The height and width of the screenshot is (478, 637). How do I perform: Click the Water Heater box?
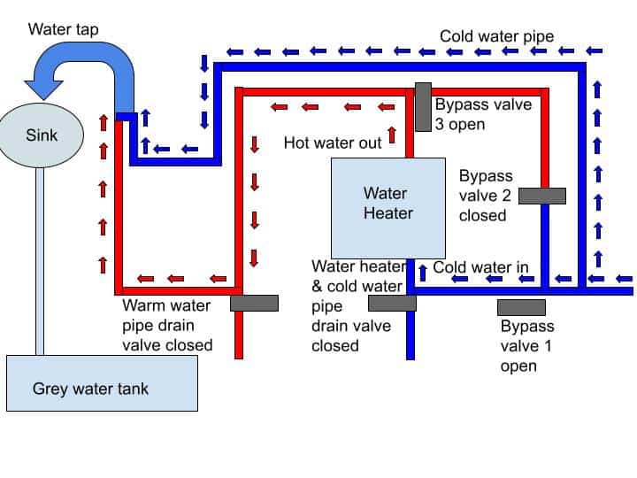pos(388,208)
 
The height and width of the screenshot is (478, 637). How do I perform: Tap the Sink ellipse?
pos(42,136)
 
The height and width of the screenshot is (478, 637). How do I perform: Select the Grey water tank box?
pos(102,382)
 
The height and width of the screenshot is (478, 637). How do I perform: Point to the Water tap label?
pos(64,29)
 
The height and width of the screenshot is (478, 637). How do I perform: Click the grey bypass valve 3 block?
pos(423,107)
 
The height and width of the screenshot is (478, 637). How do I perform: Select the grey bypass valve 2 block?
pos(541,196)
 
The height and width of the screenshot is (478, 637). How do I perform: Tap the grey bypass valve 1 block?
pos(521,307)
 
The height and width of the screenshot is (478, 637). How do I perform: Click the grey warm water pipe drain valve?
pos(254,303)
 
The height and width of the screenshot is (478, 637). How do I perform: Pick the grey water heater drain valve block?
pos(392,303)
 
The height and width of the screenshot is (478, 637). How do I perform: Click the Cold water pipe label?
pos(497,36)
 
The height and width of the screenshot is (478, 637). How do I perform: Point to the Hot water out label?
pos(333,143)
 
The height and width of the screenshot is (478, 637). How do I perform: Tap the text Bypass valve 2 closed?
pos(486,196)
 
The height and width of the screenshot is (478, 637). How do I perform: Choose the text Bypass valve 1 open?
pos(526,345)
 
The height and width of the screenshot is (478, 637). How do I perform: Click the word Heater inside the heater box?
pos(388,213)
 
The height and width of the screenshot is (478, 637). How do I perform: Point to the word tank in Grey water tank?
pos(154,388)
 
